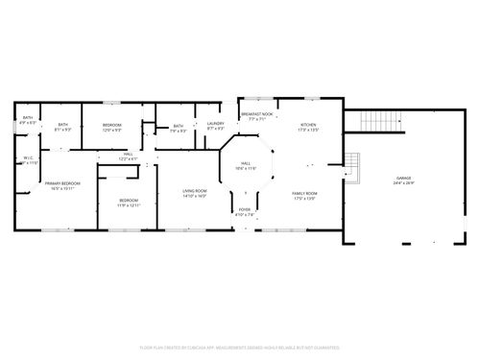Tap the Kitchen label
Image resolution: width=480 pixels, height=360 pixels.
point(307,125)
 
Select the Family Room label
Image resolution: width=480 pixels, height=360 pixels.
point(305,193)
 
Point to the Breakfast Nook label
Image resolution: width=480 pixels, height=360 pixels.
point(257,115)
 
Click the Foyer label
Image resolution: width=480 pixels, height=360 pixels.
point(245,208)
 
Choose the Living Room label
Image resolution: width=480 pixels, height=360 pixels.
point(195,193)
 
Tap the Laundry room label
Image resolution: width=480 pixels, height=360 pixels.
point(215,124)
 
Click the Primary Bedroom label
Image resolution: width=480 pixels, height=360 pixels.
point(61,183)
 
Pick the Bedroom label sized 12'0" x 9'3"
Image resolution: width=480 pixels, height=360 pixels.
point(112,125)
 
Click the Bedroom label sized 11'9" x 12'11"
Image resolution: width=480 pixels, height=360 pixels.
point(129,201)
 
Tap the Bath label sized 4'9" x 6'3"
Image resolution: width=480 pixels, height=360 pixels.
point(27,118)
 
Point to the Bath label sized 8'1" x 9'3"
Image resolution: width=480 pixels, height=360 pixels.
point(63,125)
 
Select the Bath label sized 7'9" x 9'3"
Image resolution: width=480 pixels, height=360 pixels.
point(178,127)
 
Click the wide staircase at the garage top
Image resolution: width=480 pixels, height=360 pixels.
point(379,122)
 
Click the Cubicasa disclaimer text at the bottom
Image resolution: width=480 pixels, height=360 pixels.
point(240,347)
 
